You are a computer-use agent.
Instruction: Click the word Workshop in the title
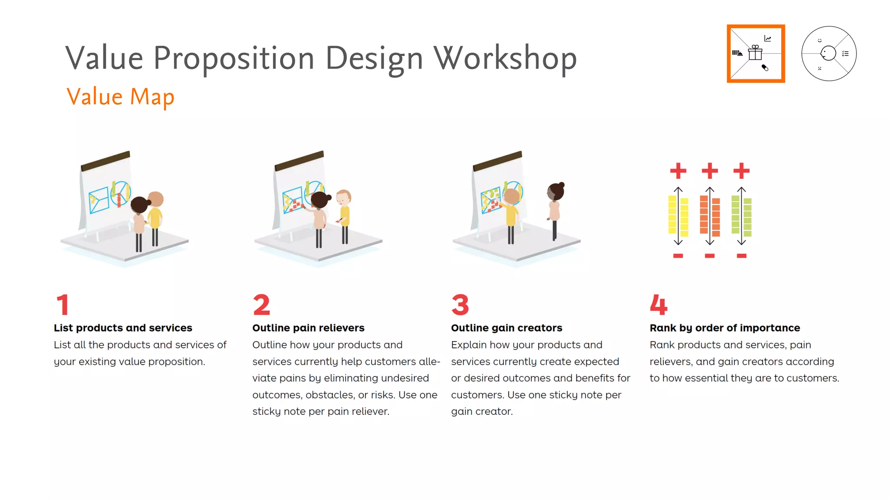505,59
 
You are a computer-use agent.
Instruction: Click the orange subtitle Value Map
120,97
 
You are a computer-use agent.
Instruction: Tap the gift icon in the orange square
755,53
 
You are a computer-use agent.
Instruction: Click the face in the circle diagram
828,53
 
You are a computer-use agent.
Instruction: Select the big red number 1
63,305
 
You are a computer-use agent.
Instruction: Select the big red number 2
261,305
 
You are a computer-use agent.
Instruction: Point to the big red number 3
460,305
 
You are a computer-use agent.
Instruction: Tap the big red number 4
659,305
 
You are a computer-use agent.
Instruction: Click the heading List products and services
123,328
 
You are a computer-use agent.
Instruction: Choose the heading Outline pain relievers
308,328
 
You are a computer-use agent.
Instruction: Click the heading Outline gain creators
507,328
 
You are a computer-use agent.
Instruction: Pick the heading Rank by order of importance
724,328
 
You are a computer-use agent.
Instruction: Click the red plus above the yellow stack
678,171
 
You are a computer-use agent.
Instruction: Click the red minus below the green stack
741,256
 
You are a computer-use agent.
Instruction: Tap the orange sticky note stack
710,216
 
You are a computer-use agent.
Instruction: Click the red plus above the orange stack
710,171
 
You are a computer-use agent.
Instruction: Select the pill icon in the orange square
765,68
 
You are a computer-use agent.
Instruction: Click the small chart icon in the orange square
768,39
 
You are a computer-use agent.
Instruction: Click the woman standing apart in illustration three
555,208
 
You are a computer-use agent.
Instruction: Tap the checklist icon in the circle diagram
845,54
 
